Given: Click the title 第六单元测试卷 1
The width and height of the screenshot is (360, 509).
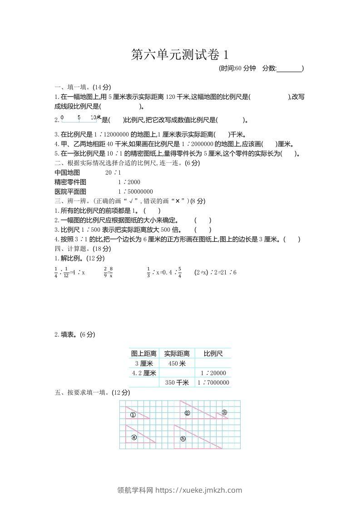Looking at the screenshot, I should [x=180, y=55].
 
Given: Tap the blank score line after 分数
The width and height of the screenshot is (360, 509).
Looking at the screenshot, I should [x=289, y=69].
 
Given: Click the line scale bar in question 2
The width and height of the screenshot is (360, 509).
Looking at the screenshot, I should [x=80, y=119].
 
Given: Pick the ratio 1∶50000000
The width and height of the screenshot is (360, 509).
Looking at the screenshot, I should [x=135, y=191].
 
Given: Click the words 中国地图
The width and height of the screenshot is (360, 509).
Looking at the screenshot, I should [x=67, y=173].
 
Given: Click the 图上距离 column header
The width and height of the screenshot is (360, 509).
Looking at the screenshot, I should [x=143, y=353].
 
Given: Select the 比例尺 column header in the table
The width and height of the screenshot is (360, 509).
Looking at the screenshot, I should [x=213, y=353].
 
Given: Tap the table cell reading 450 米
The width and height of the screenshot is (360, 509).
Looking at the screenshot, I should [x=177, y=363].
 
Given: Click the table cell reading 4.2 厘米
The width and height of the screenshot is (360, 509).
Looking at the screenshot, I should [x=143, y=373].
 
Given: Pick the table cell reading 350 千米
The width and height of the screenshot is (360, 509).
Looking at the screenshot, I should [x=177, y=383].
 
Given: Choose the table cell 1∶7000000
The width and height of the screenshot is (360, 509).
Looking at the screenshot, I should [x=213, y=383].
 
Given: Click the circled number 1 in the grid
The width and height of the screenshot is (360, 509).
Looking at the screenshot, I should [x=133, y=415].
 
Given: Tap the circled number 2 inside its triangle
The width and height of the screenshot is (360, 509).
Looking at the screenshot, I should [x=187, y=413].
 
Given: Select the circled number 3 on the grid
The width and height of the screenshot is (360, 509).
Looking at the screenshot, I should [x=224, y=412].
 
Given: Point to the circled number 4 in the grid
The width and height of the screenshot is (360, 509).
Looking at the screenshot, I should [x=134, y=437].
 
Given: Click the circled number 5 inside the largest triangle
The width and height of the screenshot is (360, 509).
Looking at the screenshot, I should [x=183, y=439].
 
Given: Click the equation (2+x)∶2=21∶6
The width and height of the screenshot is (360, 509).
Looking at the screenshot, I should [x=215, y=273].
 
